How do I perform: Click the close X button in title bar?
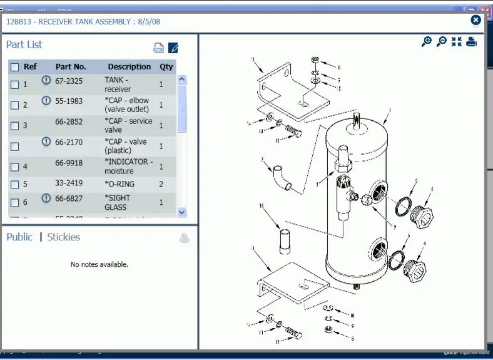point(475,20)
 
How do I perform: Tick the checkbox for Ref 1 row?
point(15,85)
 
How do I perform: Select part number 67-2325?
point(69,81)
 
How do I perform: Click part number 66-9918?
point(69,162)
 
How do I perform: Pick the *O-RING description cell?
point(119,184)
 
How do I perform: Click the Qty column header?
point(166,66)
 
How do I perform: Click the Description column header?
point(129,66)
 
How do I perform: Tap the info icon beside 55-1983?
point(46,101)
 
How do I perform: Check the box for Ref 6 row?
point(15,202)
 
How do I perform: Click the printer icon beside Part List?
point(159,48)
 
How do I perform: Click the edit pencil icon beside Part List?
point(174,48)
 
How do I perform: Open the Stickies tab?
point(64,237)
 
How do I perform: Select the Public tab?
point(19,237)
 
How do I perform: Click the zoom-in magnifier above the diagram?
point(427,42)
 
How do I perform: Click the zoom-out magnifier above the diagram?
point(442,42)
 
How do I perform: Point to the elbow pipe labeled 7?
point(282,177)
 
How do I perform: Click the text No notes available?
point(99,264)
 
